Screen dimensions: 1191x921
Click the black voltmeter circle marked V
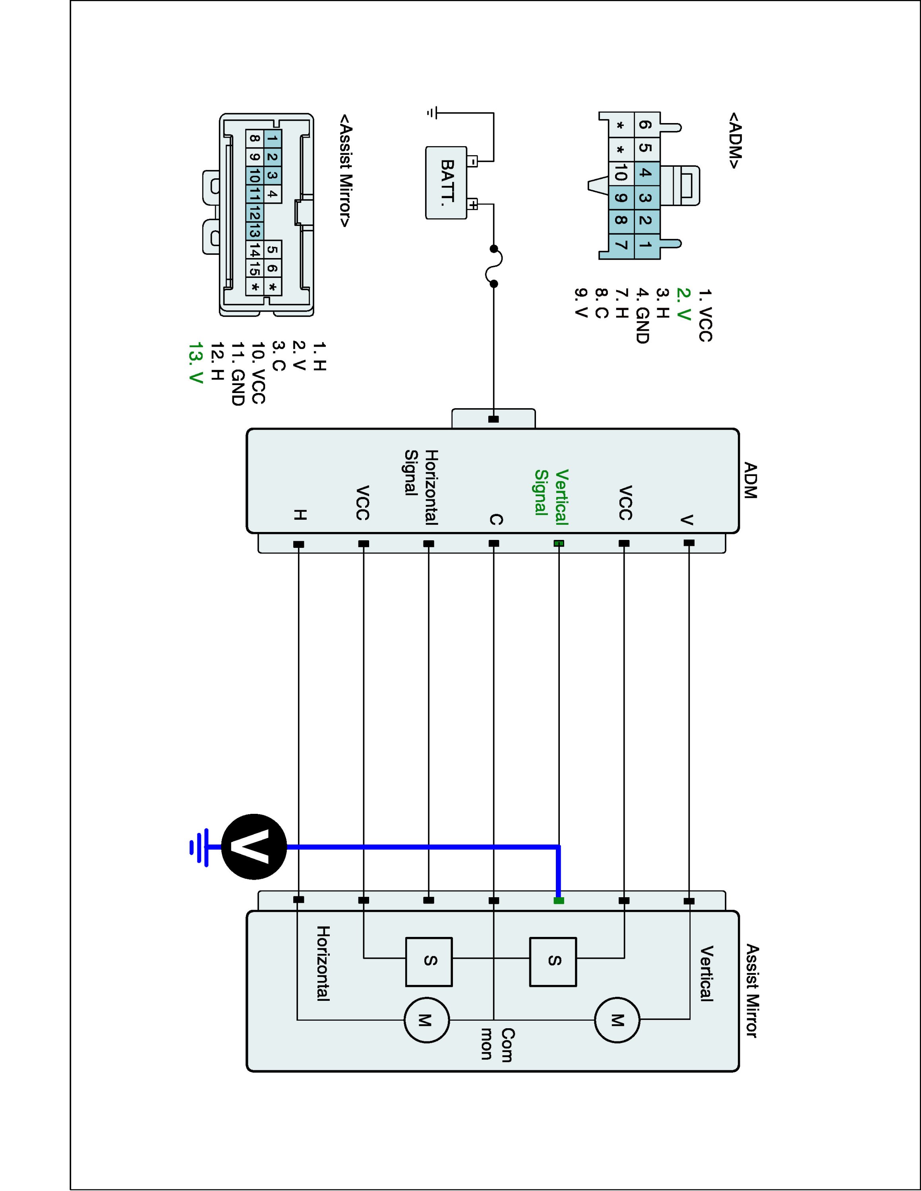point(254,847)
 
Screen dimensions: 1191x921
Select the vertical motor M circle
point(617,1020)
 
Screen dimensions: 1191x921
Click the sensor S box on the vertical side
point(553,962)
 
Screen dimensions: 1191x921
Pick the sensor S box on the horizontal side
point(429,962)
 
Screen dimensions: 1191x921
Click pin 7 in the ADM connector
point(620,245)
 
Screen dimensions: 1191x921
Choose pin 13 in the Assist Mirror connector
point(254,231)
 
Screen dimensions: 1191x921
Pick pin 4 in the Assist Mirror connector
point(272,194)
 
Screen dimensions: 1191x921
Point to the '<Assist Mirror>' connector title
point(345,171)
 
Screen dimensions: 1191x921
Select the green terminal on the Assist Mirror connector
point(558,900)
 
